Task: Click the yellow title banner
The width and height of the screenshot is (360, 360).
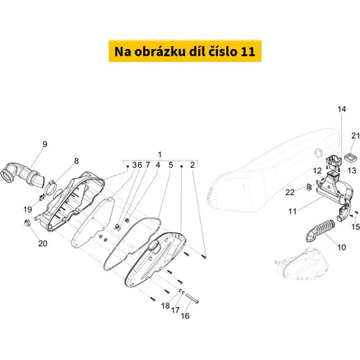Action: point(185,51)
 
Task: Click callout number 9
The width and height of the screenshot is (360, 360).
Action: point(45,144)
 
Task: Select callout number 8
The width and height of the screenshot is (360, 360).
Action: point(76,161)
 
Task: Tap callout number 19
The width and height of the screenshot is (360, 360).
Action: point(28,210)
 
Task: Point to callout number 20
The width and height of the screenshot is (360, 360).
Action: point(42,243)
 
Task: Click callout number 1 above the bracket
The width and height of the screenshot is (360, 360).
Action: point(160,155)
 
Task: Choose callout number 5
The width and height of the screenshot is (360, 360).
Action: point(171,165)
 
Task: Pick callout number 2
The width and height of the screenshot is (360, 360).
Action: point(192,165)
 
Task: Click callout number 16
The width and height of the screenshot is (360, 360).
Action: point(185,316)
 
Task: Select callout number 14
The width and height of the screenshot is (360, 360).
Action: point(342,109)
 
